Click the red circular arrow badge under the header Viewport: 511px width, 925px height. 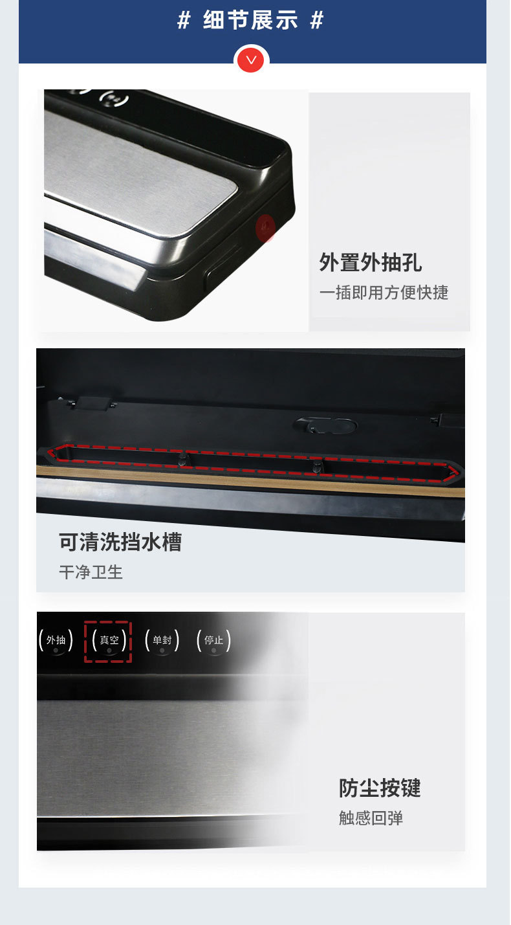point(251,60)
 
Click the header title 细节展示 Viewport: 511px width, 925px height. point(250,21)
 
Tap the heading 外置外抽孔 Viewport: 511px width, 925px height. point(370,262)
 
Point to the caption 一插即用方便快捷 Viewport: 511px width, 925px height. point(384,292)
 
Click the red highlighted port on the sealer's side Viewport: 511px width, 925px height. point(265,228)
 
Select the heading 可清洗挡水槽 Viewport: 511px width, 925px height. point(120,542)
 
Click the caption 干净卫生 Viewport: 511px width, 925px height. point(91,572)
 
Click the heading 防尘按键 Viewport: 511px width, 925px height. point(380,788)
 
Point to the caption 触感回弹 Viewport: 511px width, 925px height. point(371,818)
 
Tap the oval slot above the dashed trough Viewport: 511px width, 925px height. point(324,426)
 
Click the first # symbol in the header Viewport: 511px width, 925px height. point(184,21)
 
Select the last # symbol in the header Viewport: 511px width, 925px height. point(316,21)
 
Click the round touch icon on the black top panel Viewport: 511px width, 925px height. point(114,101)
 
